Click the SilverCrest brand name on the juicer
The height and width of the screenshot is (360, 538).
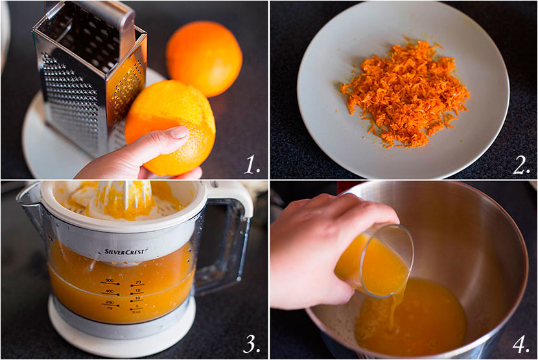point(125,252)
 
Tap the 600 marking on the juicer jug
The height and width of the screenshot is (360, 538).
point(109,281)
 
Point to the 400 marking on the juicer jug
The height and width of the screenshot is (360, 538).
point(109,292)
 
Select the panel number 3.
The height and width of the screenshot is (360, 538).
point(252,344)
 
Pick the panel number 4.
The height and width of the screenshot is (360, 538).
point(521,344)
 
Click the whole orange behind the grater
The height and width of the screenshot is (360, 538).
point(204,58)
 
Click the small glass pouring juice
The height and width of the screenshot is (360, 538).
point(376,259)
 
